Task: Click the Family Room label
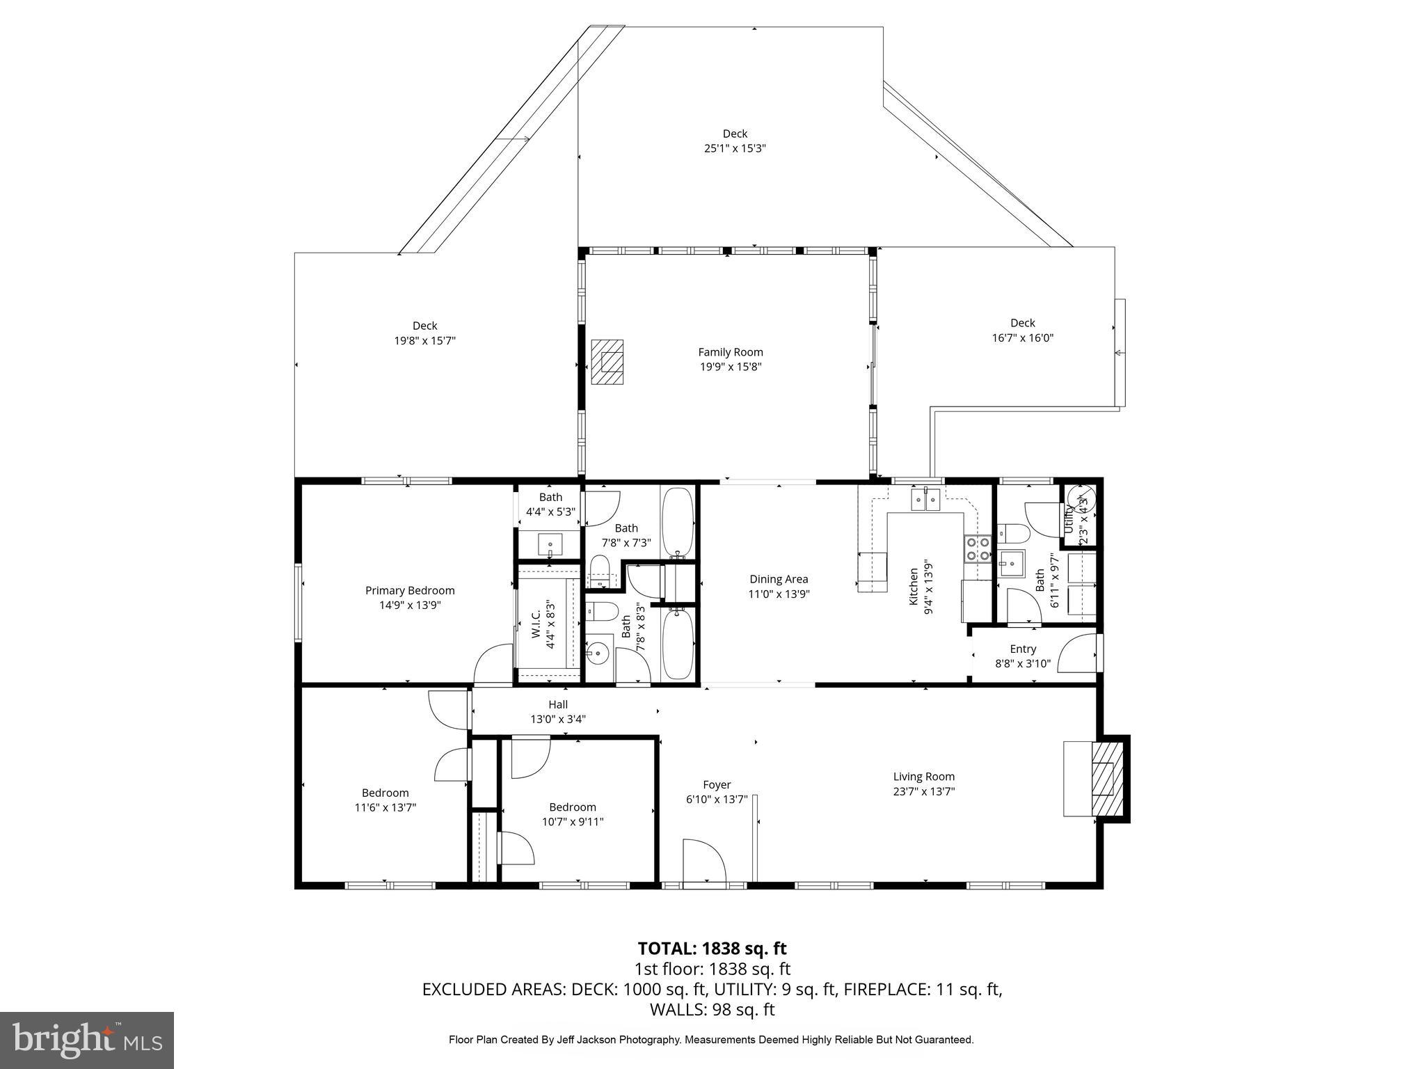[x=731, y=352]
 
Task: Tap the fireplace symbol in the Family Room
[x=607, y=362]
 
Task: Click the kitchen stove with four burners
[x=976, y=548]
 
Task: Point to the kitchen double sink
[x=926, y=499]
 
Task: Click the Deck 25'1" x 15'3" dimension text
[x=735, y=148]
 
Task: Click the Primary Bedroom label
[x=410, y=590]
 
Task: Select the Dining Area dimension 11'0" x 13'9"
[x=779, y=594]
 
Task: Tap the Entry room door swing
[x=1077, y=654]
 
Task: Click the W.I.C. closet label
[x=536, y=624]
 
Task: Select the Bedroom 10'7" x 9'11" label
[x=573, y=814]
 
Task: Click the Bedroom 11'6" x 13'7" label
[x=385, y=800]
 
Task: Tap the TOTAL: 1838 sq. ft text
[x=712, y=948]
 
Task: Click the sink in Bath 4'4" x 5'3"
[x=550, y=543]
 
